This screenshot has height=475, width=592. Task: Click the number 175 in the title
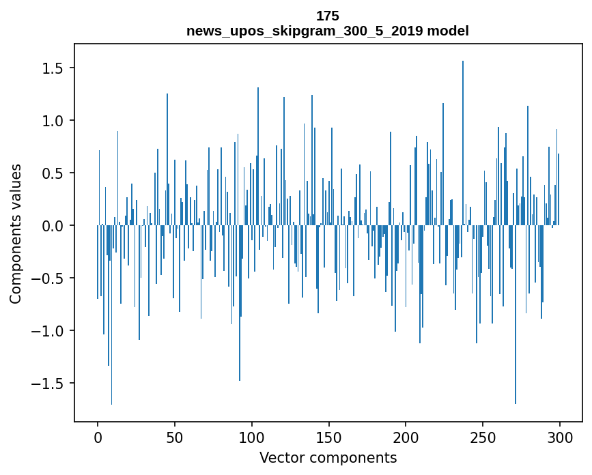pyautogui.click(x=327, y=16)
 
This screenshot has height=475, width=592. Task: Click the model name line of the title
pyautogui.click(x=327, y=31)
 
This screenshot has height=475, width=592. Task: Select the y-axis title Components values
pyautogui.click(x=16, y=233)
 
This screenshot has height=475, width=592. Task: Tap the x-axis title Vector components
pyautogui.click(x=328, y=457)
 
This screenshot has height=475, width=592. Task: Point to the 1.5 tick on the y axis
pyautogui.click(x=53, y=68)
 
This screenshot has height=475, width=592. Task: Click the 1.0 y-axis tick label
pyautogui.click(x=53, y=121)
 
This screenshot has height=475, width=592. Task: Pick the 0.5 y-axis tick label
pyautogui.click(x=53, y=173)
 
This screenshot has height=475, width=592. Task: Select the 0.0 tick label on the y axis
pyautogui.click(x=53, y=226)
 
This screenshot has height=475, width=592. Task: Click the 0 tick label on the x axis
pyautogui.click(x=98, y=437)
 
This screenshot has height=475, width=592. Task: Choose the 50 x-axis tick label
pyautogui.click(x=175, y=437)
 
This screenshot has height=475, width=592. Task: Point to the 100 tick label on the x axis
pyautogui.click(x=252, y=437)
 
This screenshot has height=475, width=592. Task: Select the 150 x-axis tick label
pyautogui.click(x=328, y=437)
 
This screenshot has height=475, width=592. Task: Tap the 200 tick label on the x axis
pyautogui.click(x=406, y=437)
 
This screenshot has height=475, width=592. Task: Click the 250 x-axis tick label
pyautogui.click(x=483, y=437)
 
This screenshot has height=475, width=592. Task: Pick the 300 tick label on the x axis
pyautogui.click(x=560, y=437)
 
